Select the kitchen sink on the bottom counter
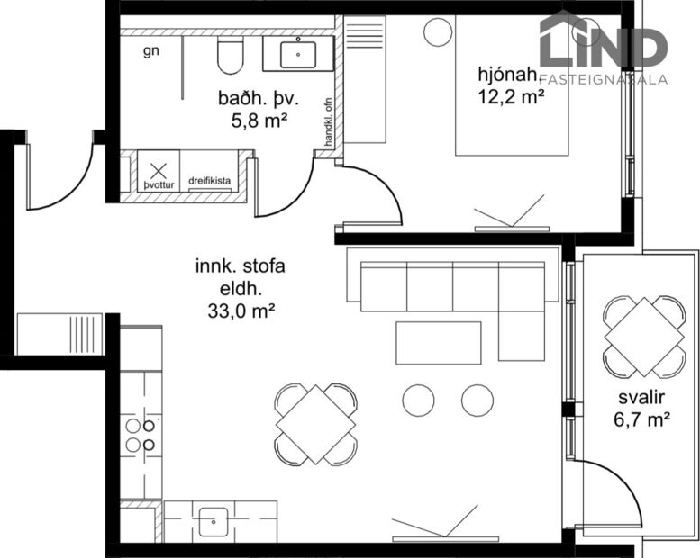point(214,520)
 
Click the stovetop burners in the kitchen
point(141,435)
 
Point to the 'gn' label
point(151,51)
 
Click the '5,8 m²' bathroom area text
point(252,119)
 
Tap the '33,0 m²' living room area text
point(240,312)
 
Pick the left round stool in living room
point(419,400)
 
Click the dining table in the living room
point(316,424)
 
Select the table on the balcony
point(644,336)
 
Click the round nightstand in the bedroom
point(438,31)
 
